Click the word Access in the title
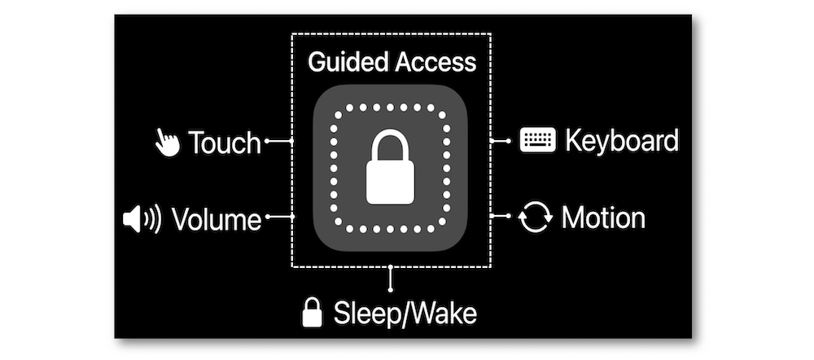click(435, 62)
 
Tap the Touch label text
click(225, 143)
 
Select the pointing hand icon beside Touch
click(167, 143)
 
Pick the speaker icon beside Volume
click(142, 218)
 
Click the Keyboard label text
click(622, 141)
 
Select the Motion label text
click(603, 217)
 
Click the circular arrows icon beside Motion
click(536, 217)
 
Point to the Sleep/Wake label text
click(405, 313)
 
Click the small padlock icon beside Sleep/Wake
click(312, 312)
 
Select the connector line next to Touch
click(279, 142)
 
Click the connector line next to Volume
click(280, 217)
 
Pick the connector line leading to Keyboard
click(500, 141)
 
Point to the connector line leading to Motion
click(500, 217)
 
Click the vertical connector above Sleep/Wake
click(392, 279)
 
